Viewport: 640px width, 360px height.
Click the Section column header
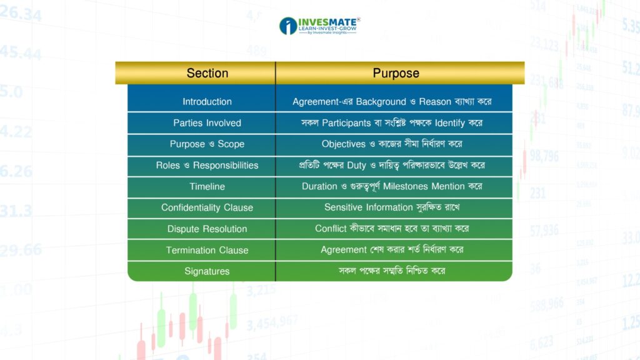(x=207, y=73)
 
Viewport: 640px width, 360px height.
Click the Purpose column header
(x=396, y=73)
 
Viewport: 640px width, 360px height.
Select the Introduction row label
(x=207, y=102)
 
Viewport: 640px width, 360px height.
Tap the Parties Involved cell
(x=207, y=123)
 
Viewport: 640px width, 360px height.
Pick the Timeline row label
(x=207, y=186)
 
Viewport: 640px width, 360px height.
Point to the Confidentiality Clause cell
(x=207, y=207)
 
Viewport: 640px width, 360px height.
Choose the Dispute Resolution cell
(x=207, y=229)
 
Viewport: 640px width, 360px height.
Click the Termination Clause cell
(x=207, y=250)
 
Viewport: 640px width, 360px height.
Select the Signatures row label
(x=207, y=271)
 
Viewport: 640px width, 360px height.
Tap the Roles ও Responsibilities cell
(x=207, y=165)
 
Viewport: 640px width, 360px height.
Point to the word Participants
(x=346, y=123)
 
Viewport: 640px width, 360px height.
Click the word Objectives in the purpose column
(x=343, y=144)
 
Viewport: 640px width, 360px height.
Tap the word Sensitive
(x=342, y=207)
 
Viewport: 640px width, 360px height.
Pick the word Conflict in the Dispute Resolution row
(x=331, y=229)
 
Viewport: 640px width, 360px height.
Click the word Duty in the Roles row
(x=356, y=165)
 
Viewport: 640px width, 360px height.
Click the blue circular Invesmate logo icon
(x=288, y=26)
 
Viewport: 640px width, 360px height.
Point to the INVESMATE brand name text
(x=327, y=22)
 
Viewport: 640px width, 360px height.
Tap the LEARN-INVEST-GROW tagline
(x=327, y=29)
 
